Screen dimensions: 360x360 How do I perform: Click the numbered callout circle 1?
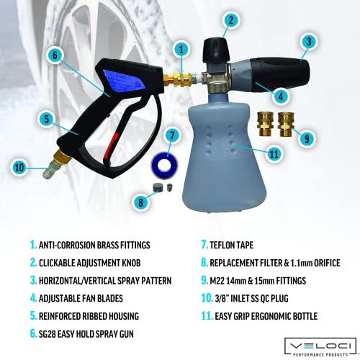click(183, 49)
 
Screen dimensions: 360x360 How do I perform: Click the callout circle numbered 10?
click(19, 168)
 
